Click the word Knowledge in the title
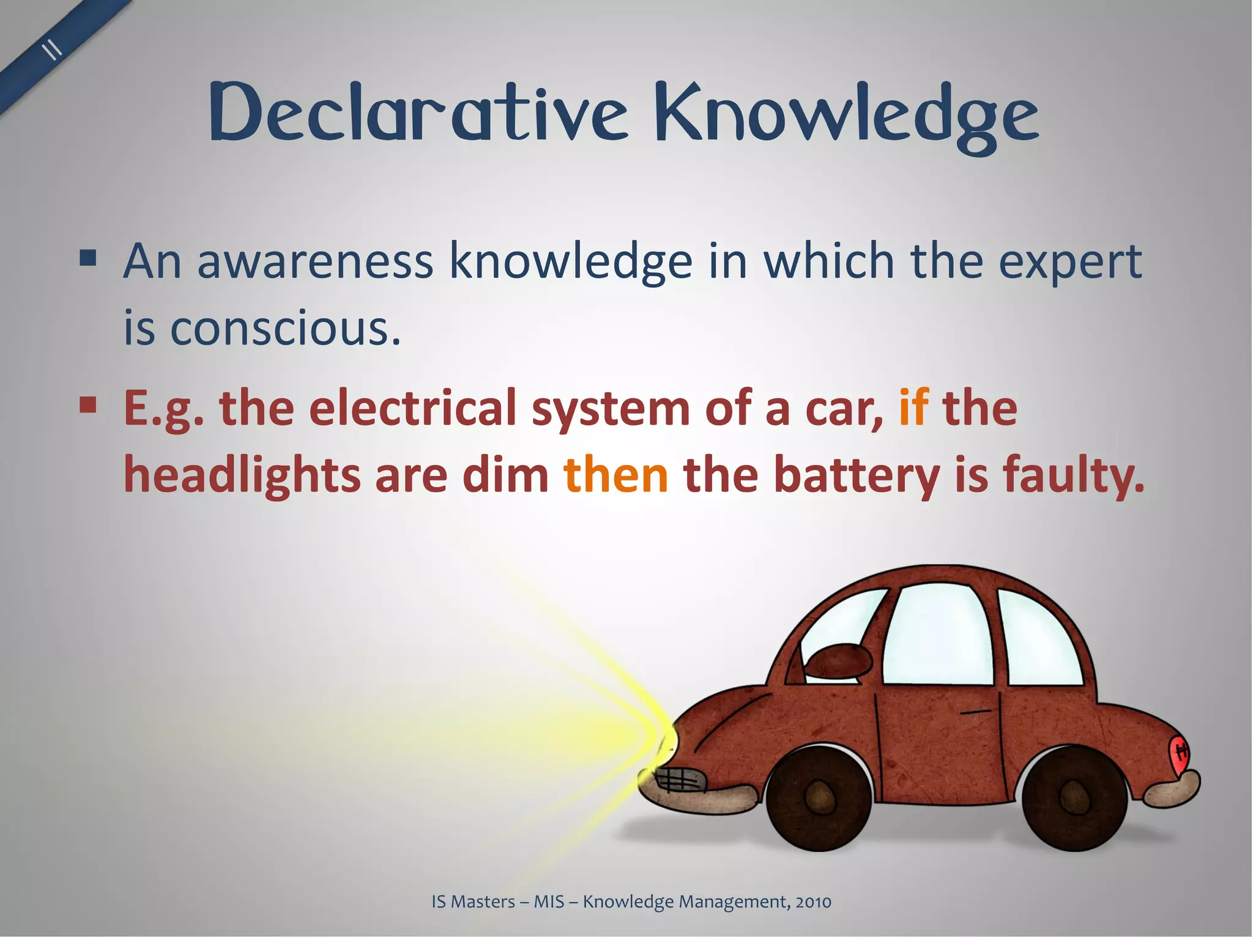coord(847,116)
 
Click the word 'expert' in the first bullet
coord(1070,261)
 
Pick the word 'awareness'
coord(315,261)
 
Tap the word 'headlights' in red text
coord(242,476)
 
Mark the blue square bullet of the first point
coord(89,258)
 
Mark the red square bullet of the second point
coord(89,404)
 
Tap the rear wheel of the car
coord(1075,797)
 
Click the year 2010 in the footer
coord(813,901)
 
